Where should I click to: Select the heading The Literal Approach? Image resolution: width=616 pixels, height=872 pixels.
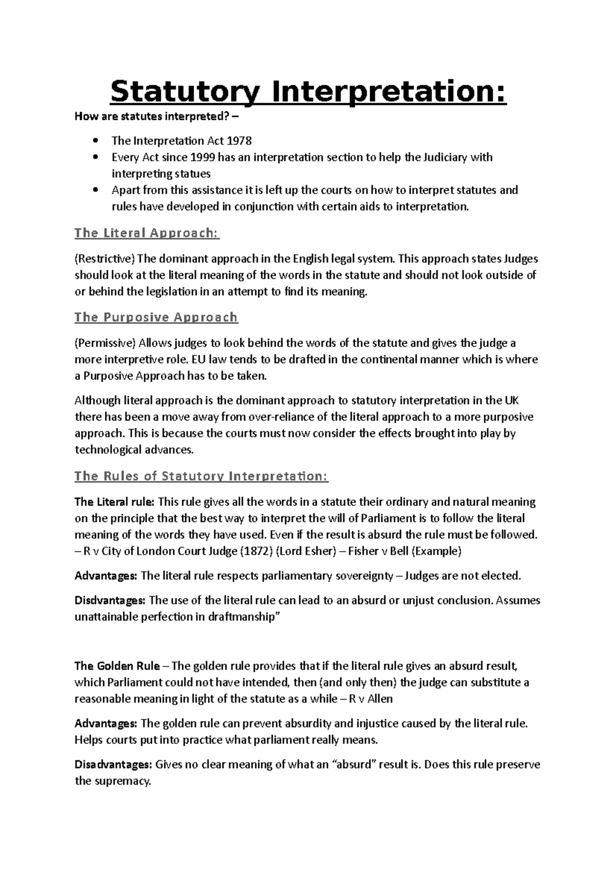click(x=147, y=233)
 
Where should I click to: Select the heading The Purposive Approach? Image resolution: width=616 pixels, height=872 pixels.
click(x=156, y=317)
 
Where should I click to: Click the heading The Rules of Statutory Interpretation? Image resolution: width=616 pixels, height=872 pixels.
click(x=201, y=476)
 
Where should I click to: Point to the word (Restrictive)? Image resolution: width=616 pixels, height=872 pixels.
click(x=104, y=259)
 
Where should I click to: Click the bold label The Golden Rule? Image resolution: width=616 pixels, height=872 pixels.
click(x=117, y=667)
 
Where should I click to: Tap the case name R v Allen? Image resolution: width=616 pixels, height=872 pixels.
click(x=370, y=699)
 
